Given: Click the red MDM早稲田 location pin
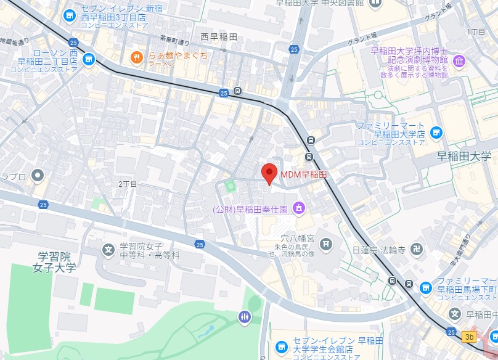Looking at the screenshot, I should point(269,173).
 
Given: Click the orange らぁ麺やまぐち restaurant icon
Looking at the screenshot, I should point(136,57).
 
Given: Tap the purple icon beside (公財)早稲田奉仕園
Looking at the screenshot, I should point(298,208).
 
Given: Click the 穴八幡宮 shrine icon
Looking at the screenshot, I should point(326,245).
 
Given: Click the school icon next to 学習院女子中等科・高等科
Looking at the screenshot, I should point(108,250).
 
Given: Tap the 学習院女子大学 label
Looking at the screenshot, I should point(55,262).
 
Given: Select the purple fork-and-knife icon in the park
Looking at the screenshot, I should point(245,317).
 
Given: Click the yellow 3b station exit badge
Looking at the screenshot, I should point(470,337).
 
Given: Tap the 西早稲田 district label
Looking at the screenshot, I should point(219,38).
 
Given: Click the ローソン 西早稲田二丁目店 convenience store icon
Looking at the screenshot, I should point(89,59).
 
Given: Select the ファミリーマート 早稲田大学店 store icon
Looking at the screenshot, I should point(436,133).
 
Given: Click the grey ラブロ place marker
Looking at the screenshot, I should point(38,176).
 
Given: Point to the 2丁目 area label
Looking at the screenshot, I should point(128,184).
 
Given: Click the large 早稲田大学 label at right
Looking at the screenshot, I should point(463,156).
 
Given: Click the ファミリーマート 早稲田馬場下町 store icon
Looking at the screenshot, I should point(426,288).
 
